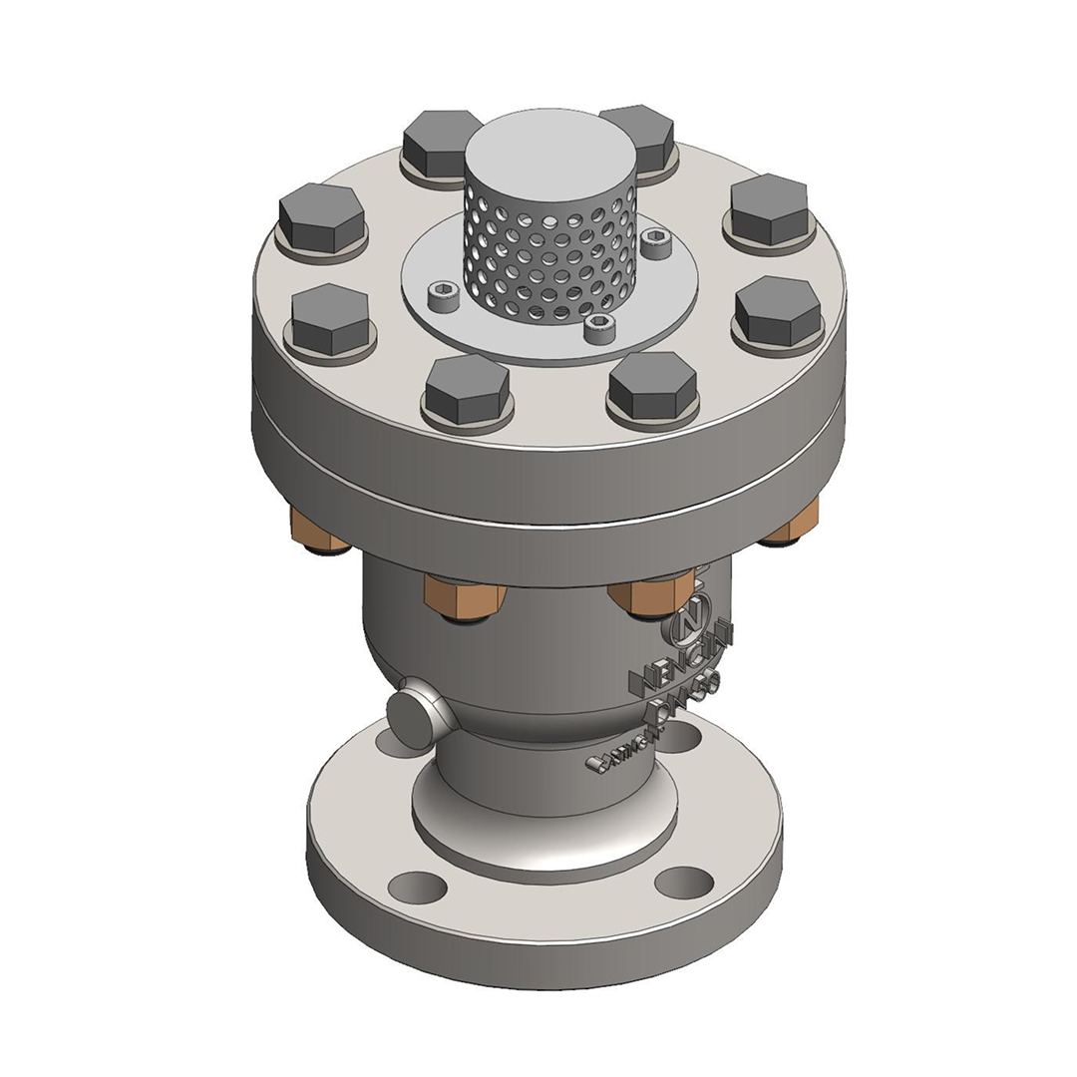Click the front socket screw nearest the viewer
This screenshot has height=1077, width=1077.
599,327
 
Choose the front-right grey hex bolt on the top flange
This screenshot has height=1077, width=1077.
652,385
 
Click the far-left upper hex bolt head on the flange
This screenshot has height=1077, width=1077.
321,218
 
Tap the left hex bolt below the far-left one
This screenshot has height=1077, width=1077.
331,319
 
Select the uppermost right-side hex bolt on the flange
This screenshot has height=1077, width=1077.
769,209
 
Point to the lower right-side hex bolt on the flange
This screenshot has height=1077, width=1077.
778,310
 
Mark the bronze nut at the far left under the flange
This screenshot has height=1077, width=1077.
317,530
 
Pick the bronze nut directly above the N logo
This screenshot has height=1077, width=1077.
650,595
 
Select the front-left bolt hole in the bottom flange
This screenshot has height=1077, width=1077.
417,886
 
